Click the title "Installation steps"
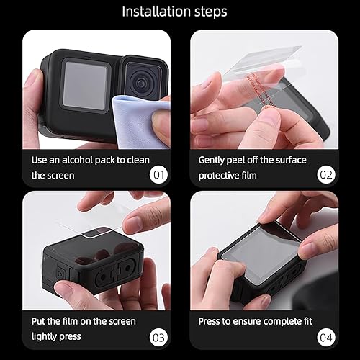tap(174, 12)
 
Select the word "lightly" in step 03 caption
tap(46, 336)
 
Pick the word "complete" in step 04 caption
tap(284, 321)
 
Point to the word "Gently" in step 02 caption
tap(214, 159)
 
